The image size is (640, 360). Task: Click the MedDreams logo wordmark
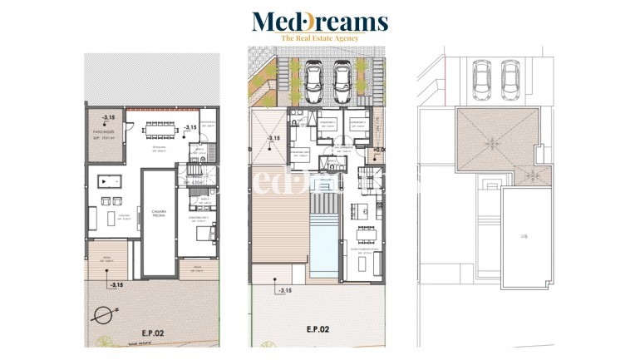(x=319, y=21)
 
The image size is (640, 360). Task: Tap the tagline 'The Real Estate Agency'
(x=319, y=39)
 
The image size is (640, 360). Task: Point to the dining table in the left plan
(x=158, y=129)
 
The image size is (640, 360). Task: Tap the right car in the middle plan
(x=341, y=80)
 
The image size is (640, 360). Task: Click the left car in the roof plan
(x=480, y=81)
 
